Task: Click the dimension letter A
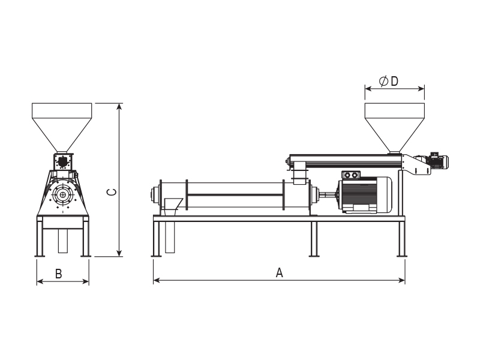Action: [x=279, y=272]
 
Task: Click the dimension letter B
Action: [x=58, y=274]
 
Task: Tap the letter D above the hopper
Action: [x=395, y=81]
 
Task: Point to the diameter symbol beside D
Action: [x=383, y=81]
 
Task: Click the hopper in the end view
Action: [x=62, y=127]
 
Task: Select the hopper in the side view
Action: [x=395, y=127]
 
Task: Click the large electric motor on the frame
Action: [x=364, y=194]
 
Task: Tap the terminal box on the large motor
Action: [x=351, y=175]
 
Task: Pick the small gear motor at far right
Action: [x=439, y=161]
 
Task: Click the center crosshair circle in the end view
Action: [x=63, y=194]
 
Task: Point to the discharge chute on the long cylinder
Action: [x=172, y=206]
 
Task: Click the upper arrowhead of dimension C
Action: [x=119, y=107]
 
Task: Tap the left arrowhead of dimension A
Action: [x=157, y=280]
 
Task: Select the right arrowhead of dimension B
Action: [x=85, y=281]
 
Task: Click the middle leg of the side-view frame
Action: [x=314, y=239]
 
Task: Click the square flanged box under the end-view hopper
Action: [x=63, y=161]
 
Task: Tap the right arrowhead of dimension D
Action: [x=421, y=89]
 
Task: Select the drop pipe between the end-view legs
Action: [x=63, y=241]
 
